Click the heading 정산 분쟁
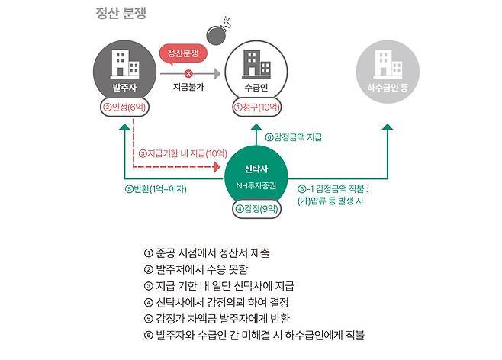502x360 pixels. click(x=121, y=13)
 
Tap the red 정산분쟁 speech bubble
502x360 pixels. click(x=183, y=54)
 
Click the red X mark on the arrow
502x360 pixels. click(x=188, y=74)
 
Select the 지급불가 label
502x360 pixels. click(x=188, y=88)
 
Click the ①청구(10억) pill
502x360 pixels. click(x=258, y=108)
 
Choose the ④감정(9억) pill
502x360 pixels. click(x=258, y=207)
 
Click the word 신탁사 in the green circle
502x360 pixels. click(x=258, y=168)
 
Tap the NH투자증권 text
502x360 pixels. click(x=258, y=185)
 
